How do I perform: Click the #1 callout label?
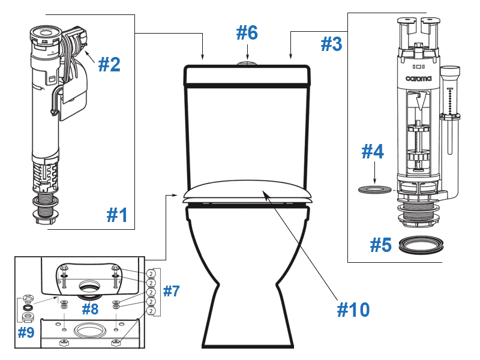(x=118, y=214)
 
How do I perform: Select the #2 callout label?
(x=109, y=64)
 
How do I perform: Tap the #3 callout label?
(x=331, y=43)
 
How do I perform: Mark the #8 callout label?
(x=90, y=310)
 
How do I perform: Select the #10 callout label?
(x=353, y=309)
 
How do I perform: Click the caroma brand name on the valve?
(x=418, y=77)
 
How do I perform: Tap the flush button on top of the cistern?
(x=246, y=62)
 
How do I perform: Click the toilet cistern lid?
(x=246, y=76)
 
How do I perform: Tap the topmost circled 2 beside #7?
(x=151, y=272)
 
